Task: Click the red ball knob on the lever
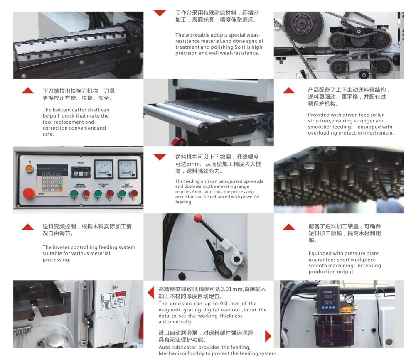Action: (x=198, y=218)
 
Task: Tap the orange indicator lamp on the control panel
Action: (x=30, y=168)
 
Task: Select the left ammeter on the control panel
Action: (x=103, y=169)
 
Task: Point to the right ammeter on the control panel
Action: (x=128, y=169)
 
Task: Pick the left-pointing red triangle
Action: (x=151, y=292)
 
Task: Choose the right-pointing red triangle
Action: (x=268, y=336)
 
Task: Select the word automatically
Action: (x=175, y=322)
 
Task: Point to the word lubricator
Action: (x=184, y=348)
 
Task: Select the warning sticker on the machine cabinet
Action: (x=113, y=300)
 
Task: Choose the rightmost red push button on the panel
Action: (x=134, y=193)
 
